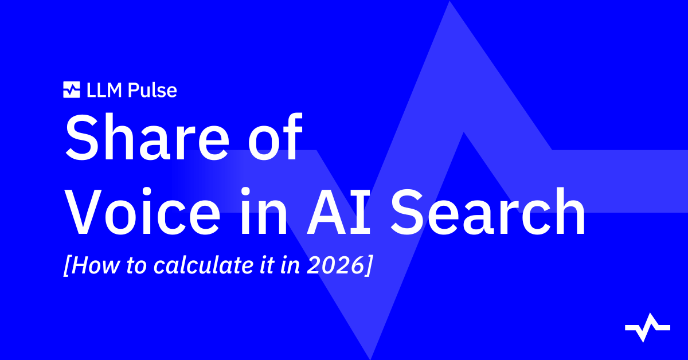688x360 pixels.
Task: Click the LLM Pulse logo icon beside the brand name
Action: click(72, 89)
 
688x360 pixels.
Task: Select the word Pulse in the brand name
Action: click(153, 91)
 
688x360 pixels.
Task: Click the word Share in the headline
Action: click(147, 138)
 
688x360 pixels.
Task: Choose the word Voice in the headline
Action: click(143, 212)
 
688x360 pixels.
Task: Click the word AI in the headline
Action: click(338, 212)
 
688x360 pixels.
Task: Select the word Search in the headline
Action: click(488, 211)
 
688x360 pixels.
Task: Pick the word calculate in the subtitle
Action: click(204, 264)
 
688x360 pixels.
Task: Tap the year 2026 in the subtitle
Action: click(336, 265)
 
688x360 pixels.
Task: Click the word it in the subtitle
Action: click(267, 265)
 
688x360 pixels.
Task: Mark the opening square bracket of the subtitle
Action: click(67, 265)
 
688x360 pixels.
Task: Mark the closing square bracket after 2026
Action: click(369, 265)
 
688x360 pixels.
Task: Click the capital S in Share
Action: click(83, 138)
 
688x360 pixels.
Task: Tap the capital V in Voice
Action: click(84, 212)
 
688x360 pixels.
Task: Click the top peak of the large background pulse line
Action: click(449, 2)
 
